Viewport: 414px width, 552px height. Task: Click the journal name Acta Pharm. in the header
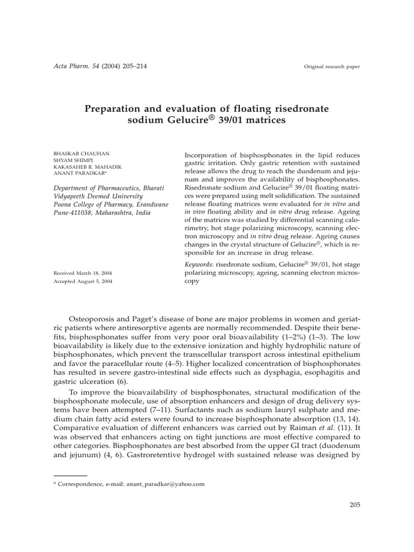68,66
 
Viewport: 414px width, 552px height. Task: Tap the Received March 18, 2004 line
82,273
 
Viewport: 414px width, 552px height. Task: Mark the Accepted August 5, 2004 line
84,281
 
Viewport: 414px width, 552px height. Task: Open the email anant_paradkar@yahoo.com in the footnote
165,484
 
